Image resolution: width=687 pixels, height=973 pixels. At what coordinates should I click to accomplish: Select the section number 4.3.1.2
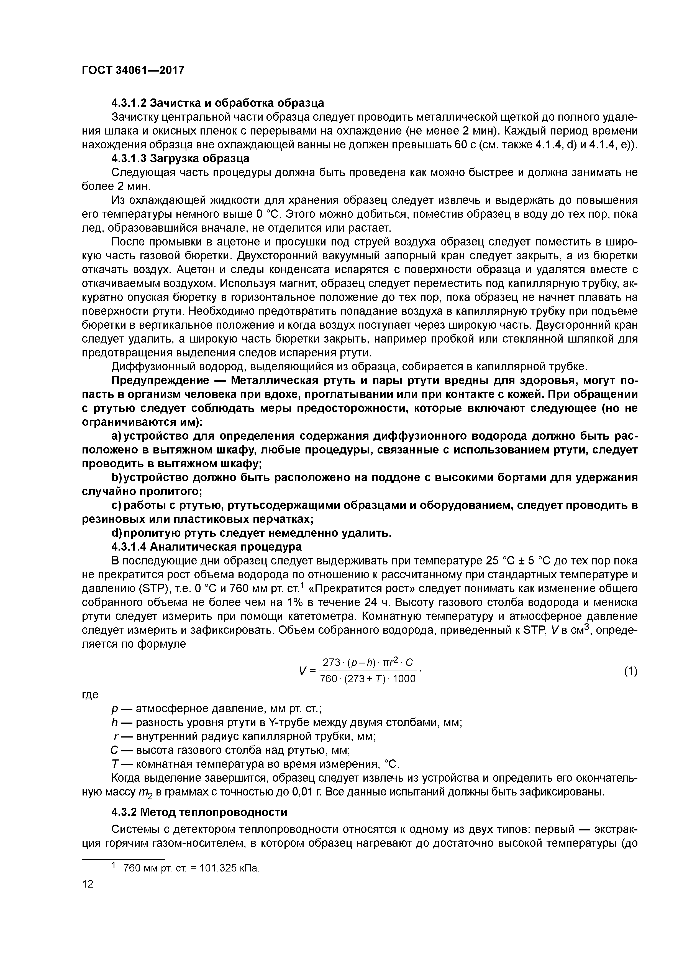(x=129, y=103)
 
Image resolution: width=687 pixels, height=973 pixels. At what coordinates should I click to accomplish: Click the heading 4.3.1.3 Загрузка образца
(x=180, y=158)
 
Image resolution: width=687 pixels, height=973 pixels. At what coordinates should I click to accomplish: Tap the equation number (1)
(x=630, y=671)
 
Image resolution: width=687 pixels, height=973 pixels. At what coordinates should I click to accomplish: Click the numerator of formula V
(x=367, y=662)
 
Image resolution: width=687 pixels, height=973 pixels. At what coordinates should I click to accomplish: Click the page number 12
(x=87, y=884)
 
